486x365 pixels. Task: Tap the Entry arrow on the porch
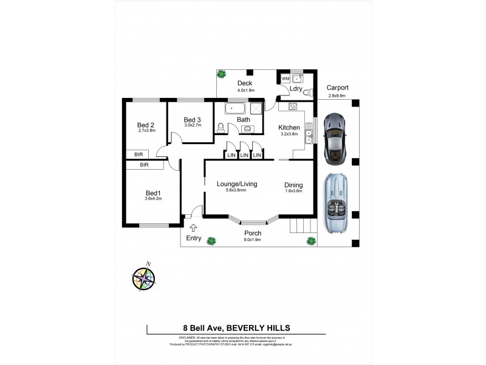pos(194,228)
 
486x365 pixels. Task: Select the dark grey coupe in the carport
pos(335,138)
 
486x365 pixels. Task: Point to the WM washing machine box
pos(286,78)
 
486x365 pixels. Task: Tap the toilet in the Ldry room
pos(309,93)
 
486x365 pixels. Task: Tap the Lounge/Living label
pos(236,183)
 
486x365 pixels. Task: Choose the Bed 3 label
pos(192,119)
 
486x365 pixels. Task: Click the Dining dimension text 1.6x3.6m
pos(293,192)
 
